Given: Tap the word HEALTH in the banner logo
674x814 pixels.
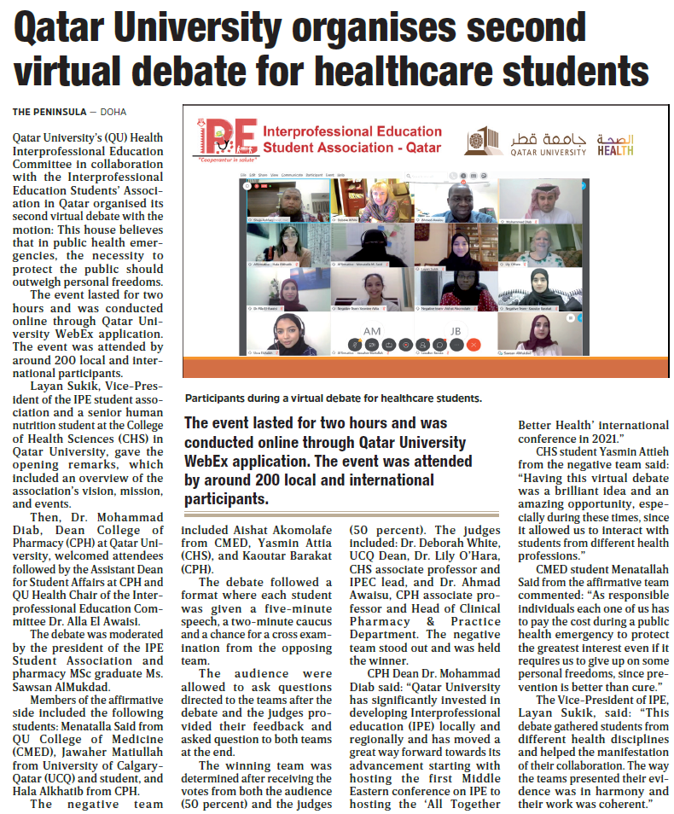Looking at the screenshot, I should (x=614, y=152).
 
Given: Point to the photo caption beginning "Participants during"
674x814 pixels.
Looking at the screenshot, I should (x=334, y=398).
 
